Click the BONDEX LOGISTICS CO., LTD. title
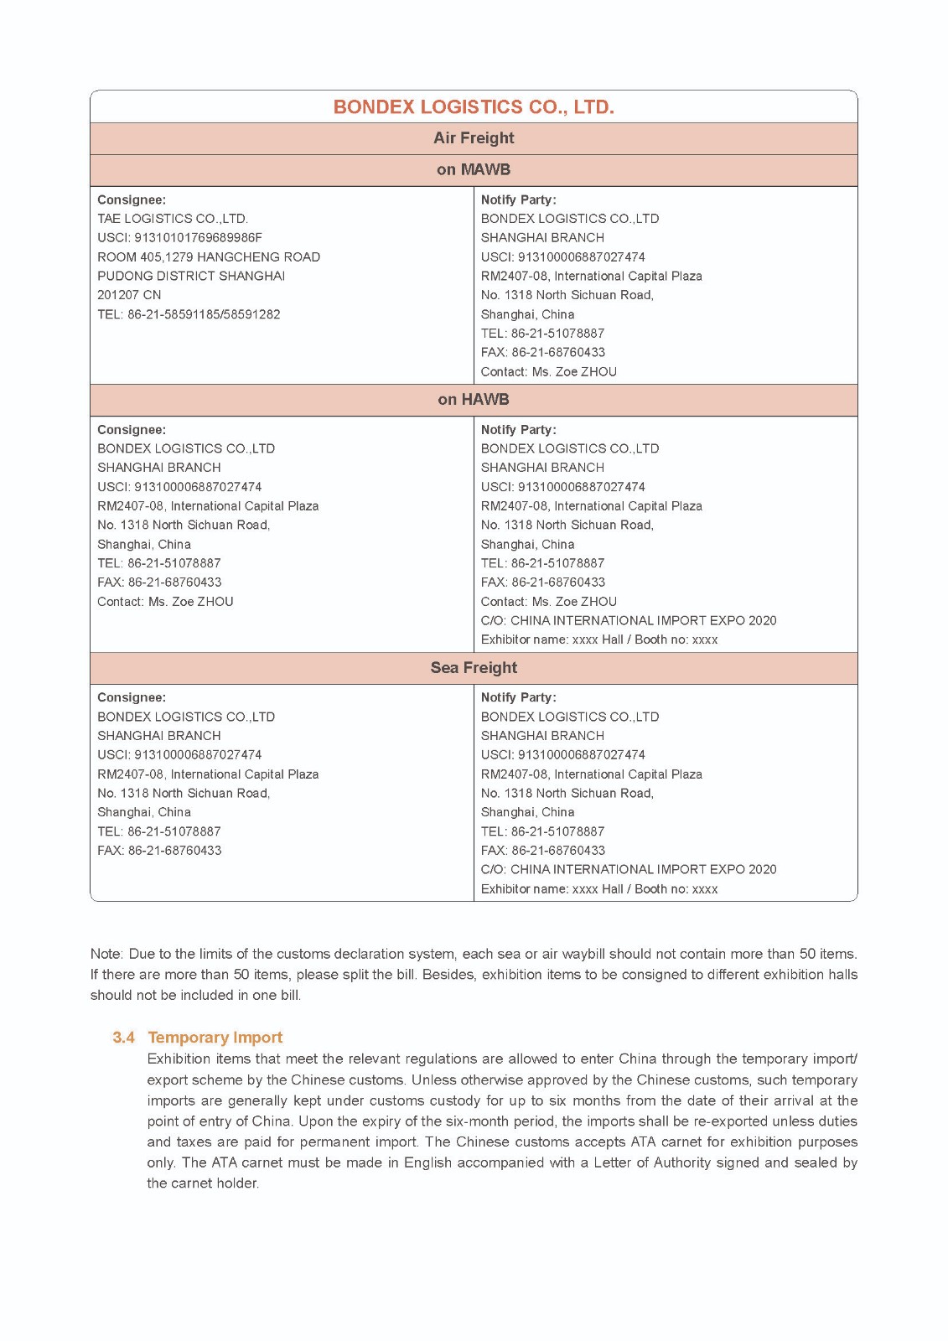click(x=474, y=107)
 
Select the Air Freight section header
click(x=474, y=138)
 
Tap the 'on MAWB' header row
click(x=474, y=169)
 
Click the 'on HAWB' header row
click(x=474, y=400)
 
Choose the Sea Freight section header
click(x=474, y=668)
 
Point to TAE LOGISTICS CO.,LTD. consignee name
click(x=173, y=219)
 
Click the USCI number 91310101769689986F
click(x=179, y=238)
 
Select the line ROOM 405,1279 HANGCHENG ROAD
click(x=209, y=257)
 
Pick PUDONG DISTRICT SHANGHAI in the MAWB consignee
click(x=191, y=276)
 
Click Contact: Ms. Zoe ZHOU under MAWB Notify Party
click(x=548, y=372)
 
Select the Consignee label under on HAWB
click(x=132, y=430)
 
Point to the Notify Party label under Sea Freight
click(x=518, y=697)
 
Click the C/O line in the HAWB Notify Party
click(x=629, y=621)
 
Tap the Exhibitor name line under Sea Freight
click(x=599, y=889)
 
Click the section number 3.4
click(x=123, y=1038)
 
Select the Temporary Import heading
click(x=215, y=1038)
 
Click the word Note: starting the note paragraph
click(x=106, y=954)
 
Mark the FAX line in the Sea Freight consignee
click(x=159, y=851)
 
